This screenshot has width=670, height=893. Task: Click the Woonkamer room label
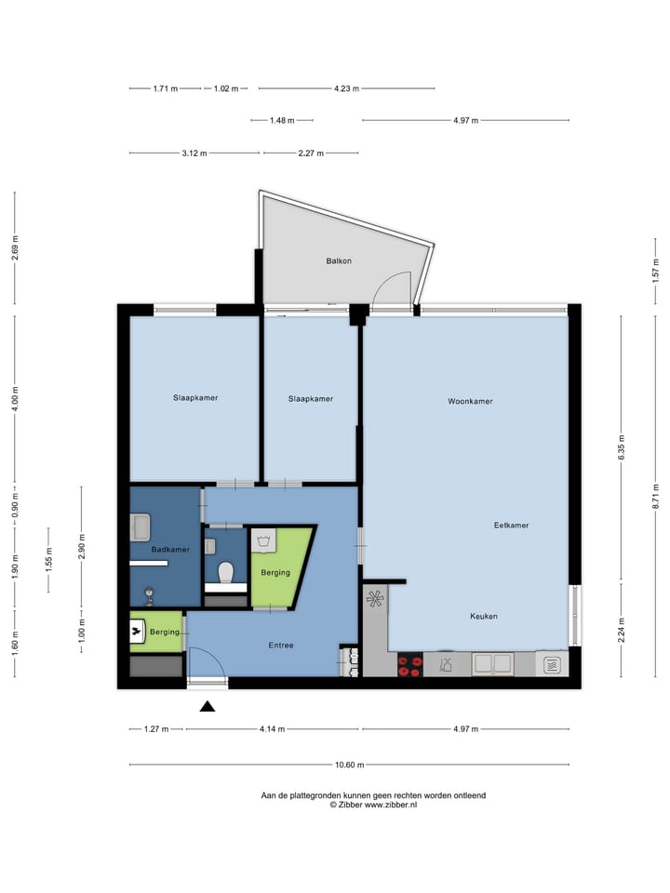(x=470, y=402)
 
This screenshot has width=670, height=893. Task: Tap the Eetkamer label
(x=511, y=526)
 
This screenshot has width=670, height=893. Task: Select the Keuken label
(x=484, y=616)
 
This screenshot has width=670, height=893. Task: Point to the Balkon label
(x=339, y=261)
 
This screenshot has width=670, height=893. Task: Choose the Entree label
(x=282, y=645)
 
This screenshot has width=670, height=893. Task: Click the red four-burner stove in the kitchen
(x=409, y=664)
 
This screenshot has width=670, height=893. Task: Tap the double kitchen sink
(x=492, y=664)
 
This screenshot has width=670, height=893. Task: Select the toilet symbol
(x=225, y=572)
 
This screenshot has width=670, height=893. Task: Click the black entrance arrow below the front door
(x=208, y=706)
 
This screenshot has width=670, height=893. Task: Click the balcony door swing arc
(x=391, y=286)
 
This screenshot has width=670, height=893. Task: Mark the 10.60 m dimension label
(x=349, y=766)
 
